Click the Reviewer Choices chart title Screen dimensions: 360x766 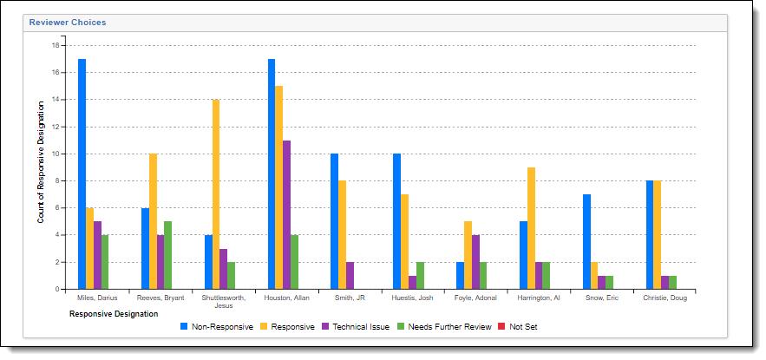click(68, 23)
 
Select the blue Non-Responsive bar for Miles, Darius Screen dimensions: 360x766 click(82, 173)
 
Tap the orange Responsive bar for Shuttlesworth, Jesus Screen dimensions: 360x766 click(216, 194)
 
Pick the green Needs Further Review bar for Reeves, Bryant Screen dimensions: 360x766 click(168, 255)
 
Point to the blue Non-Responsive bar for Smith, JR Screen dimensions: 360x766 click(334, 221)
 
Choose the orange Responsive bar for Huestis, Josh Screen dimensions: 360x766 click(404, 242)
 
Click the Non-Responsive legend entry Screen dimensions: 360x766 click(217, 327)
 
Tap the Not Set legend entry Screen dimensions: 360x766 click(516, 327)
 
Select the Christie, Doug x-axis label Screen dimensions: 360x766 click(665, 298)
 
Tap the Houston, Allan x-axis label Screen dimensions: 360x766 click(287, 298)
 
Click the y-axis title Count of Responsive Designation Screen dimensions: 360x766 click(41, 161)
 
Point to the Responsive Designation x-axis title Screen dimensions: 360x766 click(113, 314)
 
